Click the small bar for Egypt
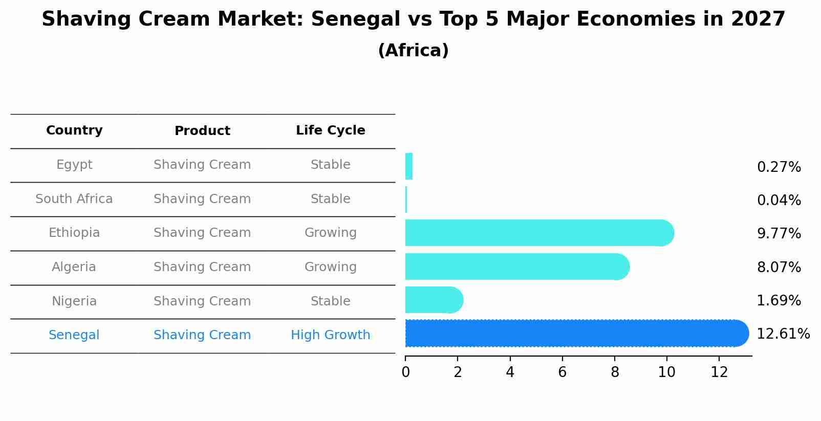click(x=409, y=167)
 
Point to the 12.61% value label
click(x=783, y=334)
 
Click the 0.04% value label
click(x=779, y=201)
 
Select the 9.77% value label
click(x=779, y=234)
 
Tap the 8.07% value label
click(x=779, y=268)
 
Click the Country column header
click(x=74, y=130)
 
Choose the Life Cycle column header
click(x=330, y=130)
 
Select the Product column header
click(x=202, y=131)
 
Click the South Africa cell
click(x=74, y=199)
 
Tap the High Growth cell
click(x=330, y=335)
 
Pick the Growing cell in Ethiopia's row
click(x=330, y=233)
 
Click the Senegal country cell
click(x=74, y=335)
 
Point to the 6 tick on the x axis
click(x=562, y=372)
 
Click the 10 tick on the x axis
click(x=666, y=372)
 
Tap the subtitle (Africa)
click(x=413, y=51)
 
